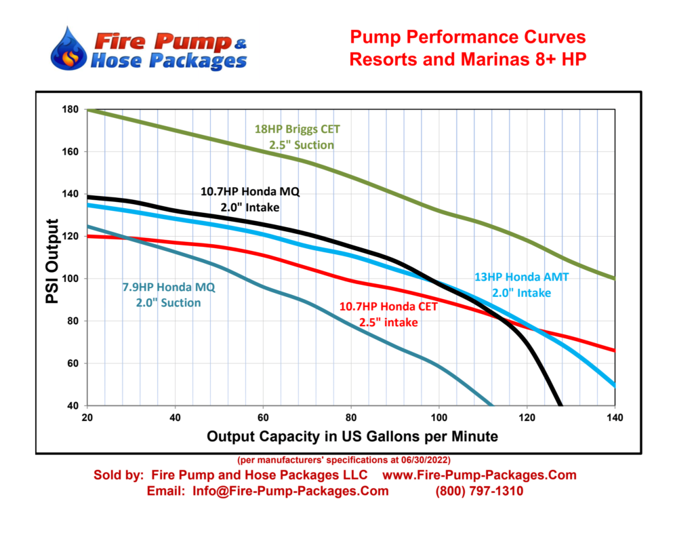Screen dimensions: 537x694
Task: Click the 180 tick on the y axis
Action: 71,110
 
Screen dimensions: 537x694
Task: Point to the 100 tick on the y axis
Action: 71,279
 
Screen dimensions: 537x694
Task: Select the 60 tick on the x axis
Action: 263,417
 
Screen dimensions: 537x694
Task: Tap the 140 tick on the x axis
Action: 615,417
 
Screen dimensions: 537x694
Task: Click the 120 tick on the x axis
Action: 527,417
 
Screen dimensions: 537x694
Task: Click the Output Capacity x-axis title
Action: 352,436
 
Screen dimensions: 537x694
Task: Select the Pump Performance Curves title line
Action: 467,37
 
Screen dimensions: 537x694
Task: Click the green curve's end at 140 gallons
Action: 614,278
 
